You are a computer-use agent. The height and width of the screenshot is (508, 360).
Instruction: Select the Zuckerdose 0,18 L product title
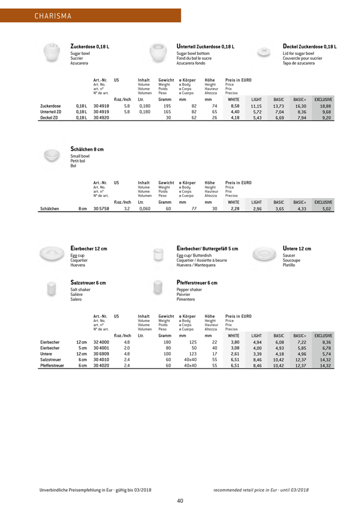tap(93, 46)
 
